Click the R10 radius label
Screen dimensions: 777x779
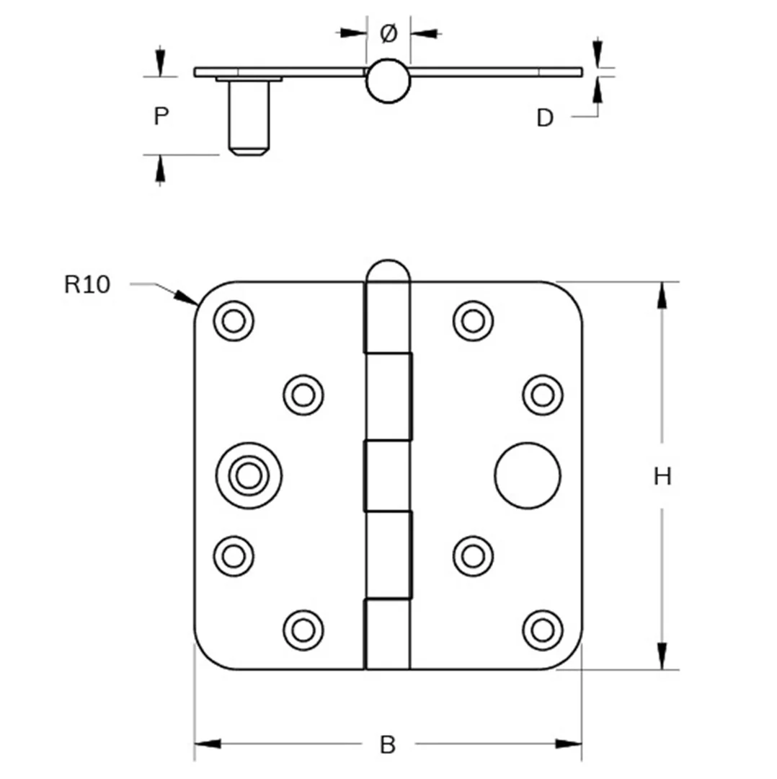87,285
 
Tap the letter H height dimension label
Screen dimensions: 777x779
662,477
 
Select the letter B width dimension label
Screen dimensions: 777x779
388,745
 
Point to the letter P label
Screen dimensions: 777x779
161,116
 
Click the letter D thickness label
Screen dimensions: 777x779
545,118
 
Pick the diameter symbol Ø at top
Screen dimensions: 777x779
388,34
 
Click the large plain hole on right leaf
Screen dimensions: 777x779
528,476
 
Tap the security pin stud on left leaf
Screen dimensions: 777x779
249,476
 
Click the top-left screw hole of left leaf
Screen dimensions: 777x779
234,321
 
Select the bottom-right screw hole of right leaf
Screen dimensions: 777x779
543,630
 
